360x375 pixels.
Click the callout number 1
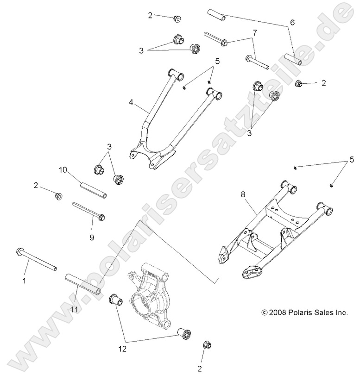tap(25, 281)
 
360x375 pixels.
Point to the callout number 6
tap(292, 22)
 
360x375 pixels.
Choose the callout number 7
tap(254, 32)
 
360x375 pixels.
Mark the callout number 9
tap(92, 237)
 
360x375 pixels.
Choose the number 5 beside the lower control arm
tap(351, 160)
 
